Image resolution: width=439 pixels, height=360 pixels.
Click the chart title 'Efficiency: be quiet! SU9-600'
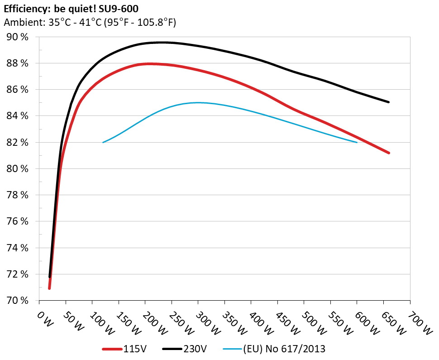pyautogui.click(x=74, y=8)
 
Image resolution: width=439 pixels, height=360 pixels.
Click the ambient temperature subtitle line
pyautogui.click(x=90, y=23)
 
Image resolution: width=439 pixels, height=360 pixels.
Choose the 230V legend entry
pyautogui.click(x=185, y=349)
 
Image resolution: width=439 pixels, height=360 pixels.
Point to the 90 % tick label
pyautogui.click(x=18, y=37)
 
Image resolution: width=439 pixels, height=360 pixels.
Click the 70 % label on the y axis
pyautogui.click(x=18, y=301)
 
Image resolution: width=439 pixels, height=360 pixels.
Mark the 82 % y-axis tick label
pyautogui.click(x=18, y=143)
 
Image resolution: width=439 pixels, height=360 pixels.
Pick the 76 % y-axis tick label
pyautogui.click(x=18, y=221)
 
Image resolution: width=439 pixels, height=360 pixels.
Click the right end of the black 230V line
pyautogui.click(x=388, y=102)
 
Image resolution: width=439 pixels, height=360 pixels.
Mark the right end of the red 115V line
pyautogui.click(x=388, y=153)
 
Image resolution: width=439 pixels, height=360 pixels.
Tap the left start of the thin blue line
pyautogui.click(x=103, y=142)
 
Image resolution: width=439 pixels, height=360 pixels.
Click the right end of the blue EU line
pyautogui.click(x=357, y=142)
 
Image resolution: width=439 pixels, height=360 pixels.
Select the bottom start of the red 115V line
pyautogui.click(x=49, y=288)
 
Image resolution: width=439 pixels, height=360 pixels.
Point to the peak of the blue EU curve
pyautogui.click(x=198, y=103)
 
